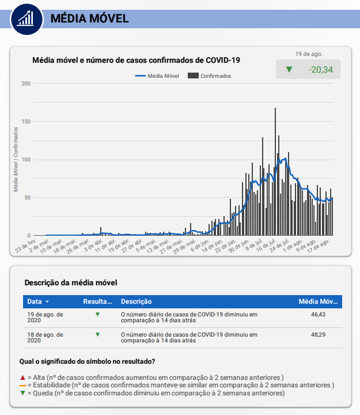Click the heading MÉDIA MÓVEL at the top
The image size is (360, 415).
coord(89,18)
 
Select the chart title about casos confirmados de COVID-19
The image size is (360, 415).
coord(136,59)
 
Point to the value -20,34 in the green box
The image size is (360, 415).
coord(321,70)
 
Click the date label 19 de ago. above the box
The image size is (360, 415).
coord(309,54)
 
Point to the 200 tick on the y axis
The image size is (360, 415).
coord(25,84)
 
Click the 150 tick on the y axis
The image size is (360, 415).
coord(25,122)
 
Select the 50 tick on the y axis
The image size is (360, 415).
coord(26,198)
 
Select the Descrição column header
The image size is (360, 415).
coord(136,301)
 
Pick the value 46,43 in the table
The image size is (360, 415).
coord(317,315)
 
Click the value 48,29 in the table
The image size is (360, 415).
coord(317,334)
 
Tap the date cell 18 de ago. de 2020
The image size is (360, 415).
coord(45,338)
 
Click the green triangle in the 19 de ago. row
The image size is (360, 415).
coord(97,315)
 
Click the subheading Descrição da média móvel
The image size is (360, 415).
coord(70,283)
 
